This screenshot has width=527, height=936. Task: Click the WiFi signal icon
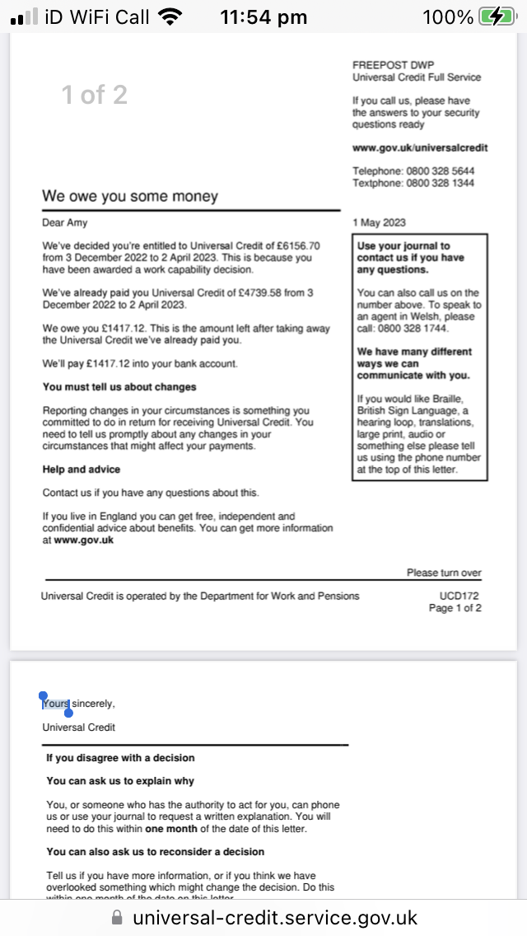point(170,16)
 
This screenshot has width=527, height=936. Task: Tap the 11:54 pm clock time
point(263,16)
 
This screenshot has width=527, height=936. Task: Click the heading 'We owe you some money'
point(130,196)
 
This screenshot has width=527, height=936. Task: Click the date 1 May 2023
point(379,222)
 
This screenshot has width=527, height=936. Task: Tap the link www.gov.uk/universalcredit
point(420,147)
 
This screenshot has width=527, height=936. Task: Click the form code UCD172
point(460,596)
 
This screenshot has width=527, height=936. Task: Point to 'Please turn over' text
point(444,573)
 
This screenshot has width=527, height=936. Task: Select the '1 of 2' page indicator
point(95,95)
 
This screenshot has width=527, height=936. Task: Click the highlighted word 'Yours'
point(56,704)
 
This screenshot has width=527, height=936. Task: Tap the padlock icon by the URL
point(118,917)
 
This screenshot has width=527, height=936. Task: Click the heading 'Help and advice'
point(82,469)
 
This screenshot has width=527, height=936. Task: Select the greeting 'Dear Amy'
point(65,222)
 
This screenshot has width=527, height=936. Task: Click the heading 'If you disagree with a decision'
point(120,757)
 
